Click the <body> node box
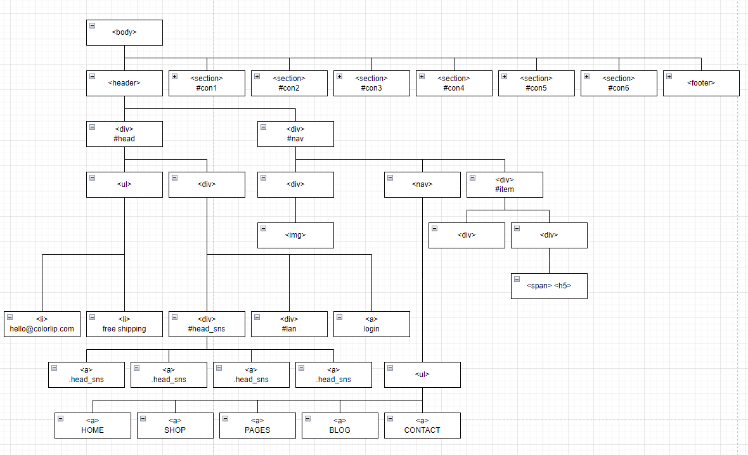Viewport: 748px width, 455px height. click(x=124, y=32)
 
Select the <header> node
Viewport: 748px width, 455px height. click(x=124, y=83)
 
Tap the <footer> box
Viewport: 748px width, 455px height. click(x=701, y=83)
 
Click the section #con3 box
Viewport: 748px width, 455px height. click(x=371, y=83)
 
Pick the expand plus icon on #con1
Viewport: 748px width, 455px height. click(x=175, y=76)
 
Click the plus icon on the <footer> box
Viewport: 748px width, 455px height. click(x=669, y=76)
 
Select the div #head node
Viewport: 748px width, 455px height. click(x=124, y=134)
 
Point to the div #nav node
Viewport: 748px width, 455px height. click(x=295, y=134)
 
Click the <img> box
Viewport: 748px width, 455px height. click(x=295, y=235)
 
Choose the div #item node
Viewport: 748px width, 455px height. click(x=505, y=184)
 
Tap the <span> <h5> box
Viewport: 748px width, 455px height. click(x=549, y=286)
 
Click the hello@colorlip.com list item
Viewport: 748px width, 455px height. click(x=42, y=324)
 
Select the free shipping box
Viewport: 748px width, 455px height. click(x=124, y=324)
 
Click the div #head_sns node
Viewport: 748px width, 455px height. click(x=207, y=324)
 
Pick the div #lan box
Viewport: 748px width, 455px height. click(x=289, y=324)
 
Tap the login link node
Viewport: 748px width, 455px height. click(x=371, y=324)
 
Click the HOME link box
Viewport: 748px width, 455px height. click(x=93, y=425)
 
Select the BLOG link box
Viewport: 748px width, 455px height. click(x=340, y=425)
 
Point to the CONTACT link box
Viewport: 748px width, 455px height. click(x=422, y=425)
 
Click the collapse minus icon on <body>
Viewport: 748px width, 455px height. click(x=93, y=25)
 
